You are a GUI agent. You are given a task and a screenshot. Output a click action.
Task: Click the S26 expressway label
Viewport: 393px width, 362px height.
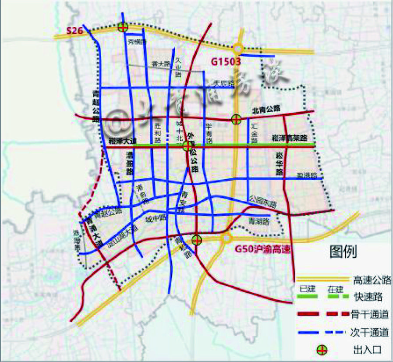click(x=74, y=30)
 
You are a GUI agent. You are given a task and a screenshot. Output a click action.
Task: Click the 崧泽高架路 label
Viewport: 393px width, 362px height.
click(x=290, y=137)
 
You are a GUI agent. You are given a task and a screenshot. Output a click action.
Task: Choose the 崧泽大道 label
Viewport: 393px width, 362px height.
click(x=123, y=141)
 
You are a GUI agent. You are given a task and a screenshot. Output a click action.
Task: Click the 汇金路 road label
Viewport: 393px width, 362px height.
click(x=254, y=133)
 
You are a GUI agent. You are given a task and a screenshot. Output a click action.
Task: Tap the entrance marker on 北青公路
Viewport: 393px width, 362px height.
click(x=236, y=118)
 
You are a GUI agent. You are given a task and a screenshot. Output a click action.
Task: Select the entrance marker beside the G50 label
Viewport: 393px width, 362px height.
click(x=197, y=240)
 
